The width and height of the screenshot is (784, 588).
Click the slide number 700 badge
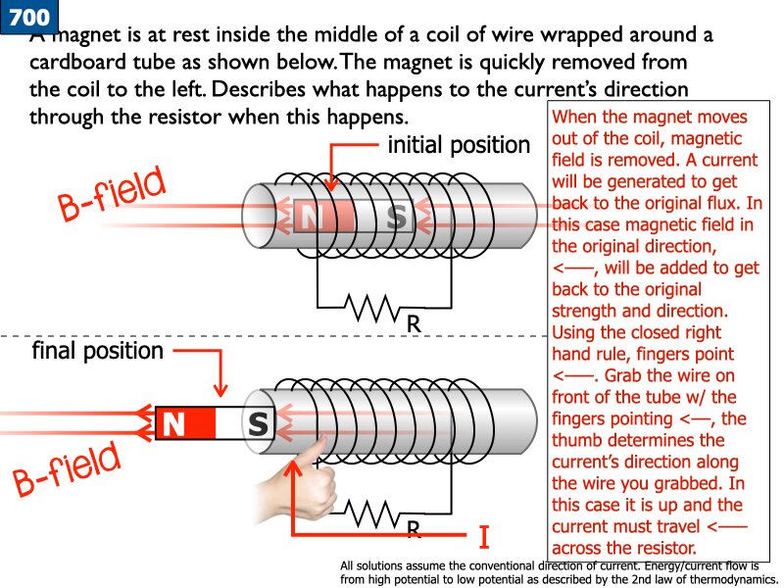(x=28, y=18)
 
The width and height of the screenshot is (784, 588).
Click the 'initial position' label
(x=459, y=146)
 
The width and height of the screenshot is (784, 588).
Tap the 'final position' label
(x=97, y=350)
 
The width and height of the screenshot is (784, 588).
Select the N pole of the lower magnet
(x=185, y=424)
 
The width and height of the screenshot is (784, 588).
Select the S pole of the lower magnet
(x=257, y=424)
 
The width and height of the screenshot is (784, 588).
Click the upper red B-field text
(x=110, y=197)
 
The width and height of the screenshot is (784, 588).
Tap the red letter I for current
(x=483, y=538)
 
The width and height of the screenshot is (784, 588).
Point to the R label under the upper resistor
(x=414, y=323)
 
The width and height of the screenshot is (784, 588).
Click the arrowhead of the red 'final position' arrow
(x=222, y=392)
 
